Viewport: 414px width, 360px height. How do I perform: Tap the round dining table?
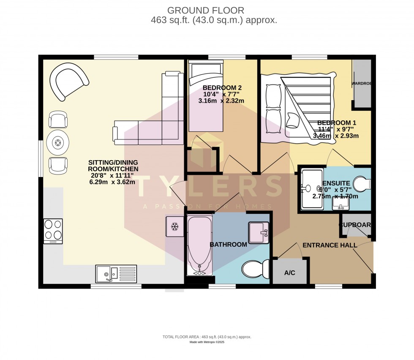pyautogui.click(x=57, y=143)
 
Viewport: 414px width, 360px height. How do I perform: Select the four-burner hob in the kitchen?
pyautogui.click(x=53, y=231)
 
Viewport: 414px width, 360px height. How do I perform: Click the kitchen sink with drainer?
pyautogui.click(x=116, y=273)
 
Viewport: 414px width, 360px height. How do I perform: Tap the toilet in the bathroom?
pyautogui.click(x=256, y=269)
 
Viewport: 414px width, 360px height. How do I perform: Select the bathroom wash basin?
pyautogui.click(x=259, y=232)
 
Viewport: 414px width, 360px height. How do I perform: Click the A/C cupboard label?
pyautogui.click(x=289, y=273)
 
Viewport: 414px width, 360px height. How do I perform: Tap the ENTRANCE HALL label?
pyautogui.click(x=330, y=245)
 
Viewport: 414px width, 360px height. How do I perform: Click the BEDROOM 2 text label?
pyautogui.click(x=216, y=87)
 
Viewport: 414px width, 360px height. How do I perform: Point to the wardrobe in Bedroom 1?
pyautogui.click(x=362, y=83)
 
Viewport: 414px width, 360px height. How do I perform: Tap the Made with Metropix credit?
pyautogui.click(x=207, y=342)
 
